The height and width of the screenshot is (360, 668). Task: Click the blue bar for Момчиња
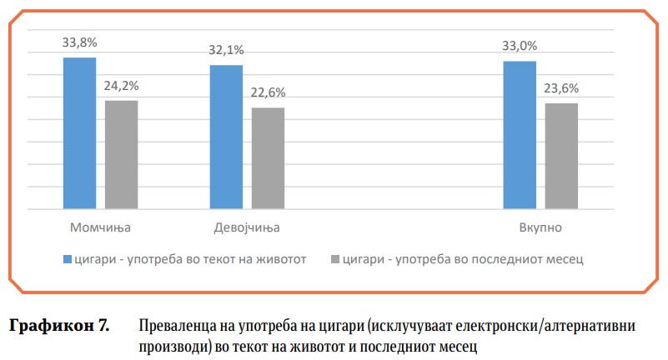80,132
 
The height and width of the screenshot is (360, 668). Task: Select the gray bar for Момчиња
121,154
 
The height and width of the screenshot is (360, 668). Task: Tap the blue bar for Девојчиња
226,137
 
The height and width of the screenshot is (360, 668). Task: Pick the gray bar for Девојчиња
268,157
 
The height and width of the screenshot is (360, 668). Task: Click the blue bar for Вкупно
520,134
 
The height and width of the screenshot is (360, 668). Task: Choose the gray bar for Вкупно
560,156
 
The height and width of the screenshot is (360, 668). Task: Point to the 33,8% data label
79,42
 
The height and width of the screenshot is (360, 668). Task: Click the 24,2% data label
122,85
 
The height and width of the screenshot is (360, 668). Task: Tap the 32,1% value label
226,49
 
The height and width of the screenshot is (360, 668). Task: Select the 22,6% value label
268,92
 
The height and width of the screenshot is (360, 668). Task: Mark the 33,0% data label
520,46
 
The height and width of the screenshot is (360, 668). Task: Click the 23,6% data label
560,88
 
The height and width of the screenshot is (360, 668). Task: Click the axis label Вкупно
540,227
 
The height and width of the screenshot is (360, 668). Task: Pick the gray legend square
334,259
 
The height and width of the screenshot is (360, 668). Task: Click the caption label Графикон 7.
59,325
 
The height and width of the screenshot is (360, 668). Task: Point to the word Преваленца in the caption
175,325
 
